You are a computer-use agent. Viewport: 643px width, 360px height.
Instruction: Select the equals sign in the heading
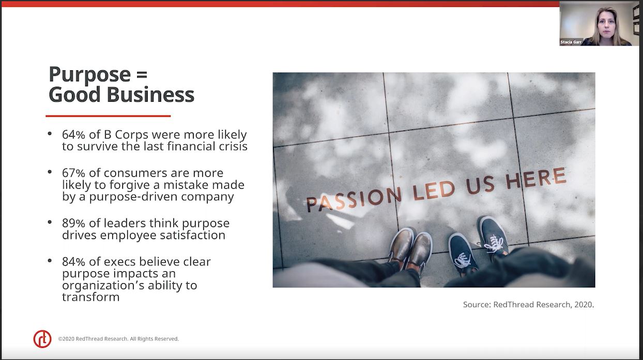pos(142,74)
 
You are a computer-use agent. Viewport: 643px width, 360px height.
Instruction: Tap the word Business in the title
pos(150,95)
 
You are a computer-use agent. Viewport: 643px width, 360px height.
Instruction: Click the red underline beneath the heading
pos(108,116)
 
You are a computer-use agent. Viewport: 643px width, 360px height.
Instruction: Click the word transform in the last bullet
pos(90,297)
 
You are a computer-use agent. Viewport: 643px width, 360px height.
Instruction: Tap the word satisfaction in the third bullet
pos(193,235)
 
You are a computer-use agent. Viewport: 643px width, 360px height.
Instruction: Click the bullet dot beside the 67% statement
pos(50,172)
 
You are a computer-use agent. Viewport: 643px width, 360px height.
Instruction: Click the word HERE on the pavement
pos(535,178)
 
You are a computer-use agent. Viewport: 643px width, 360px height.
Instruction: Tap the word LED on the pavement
pos(434,190)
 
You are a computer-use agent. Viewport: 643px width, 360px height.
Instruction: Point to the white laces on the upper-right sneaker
pos(494,244)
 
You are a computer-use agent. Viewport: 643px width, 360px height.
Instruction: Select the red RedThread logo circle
pos(42,339)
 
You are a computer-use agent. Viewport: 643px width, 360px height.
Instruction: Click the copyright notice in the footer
pos(118,339)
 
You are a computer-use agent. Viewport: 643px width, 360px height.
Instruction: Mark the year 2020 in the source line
pos(583,304)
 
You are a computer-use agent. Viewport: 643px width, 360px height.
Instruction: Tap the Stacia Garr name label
pos(571,42)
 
